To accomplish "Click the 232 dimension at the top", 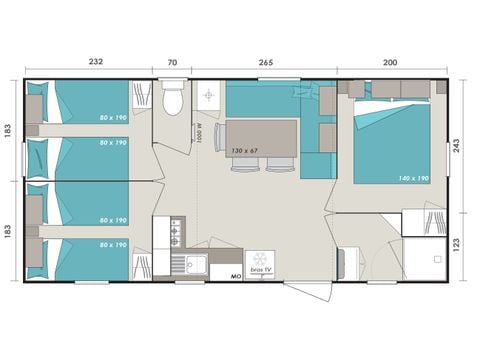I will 95,61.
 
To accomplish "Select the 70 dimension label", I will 172,61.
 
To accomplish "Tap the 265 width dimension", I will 265,61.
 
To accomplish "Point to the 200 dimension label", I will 389,61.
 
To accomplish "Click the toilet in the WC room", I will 171,100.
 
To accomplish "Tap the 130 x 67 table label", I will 245,151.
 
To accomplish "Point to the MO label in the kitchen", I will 236,275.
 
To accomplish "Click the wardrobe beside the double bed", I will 423,222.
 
